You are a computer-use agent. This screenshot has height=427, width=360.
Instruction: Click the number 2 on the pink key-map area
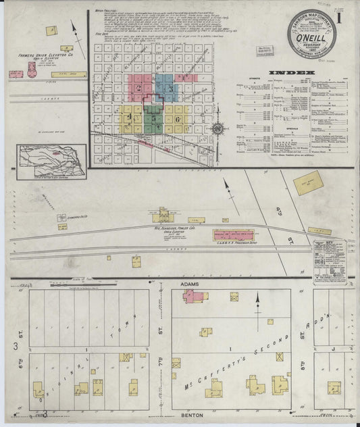(138, 87)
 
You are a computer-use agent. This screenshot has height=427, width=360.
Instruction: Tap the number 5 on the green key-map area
(154, 119)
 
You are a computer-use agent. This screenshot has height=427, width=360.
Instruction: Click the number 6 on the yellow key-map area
(178, 120)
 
